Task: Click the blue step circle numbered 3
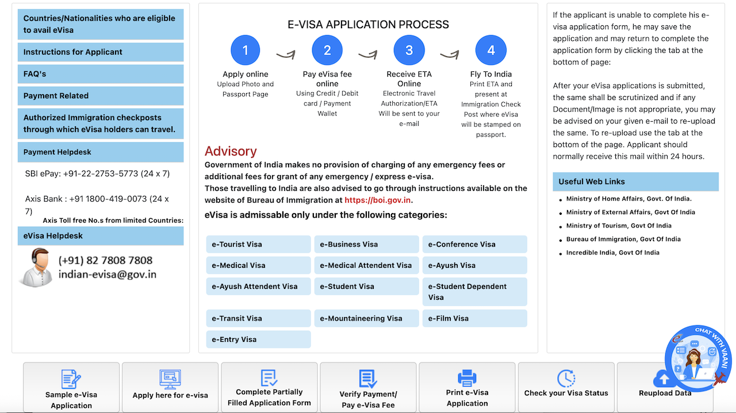(409, 51)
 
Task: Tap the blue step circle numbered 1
(246, 51)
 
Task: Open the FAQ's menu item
(101, 74)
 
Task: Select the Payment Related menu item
(101, 95)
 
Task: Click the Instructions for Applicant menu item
(101, 52)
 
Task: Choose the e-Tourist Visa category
(258, 244)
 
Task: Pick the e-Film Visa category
(474, 318)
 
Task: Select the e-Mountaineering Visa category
(366, 318)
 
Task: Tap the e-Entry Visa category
(258, 339)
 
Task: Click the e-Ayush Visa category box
(474, 265)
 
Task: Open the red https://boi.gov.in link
(378, 200)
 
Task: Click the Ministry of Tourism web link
(618, 226)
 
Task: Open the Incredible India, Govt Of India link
(612, 253)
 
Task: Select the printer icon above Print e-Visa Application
(467, 377)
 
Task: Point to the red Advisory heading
(231, 151)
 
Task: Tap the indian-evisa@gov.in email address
(107, 275)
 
